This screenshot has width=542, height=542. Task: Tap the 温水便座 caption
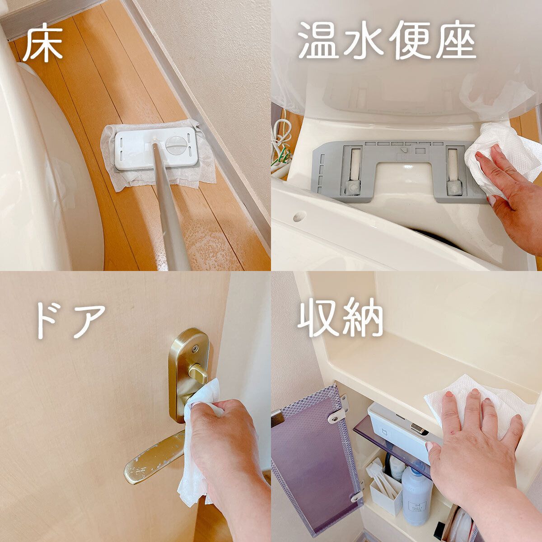click(387, 42)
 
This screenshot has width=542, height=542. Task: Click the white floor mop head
click(156, 149)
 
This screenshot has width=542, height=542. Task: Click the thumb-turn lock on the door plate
click(198, 373)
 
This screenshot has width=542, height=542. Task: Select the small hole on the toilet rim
click(298, 217)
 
